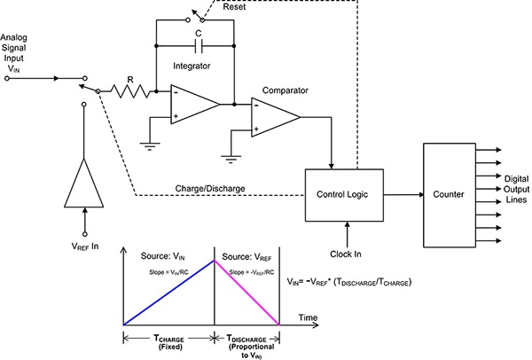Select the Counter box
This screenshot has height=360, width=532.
pyautogui.click(x=449, y=192)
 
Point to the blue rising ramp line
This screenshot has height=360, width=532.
pyautogui.click(x=168, y=293)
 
